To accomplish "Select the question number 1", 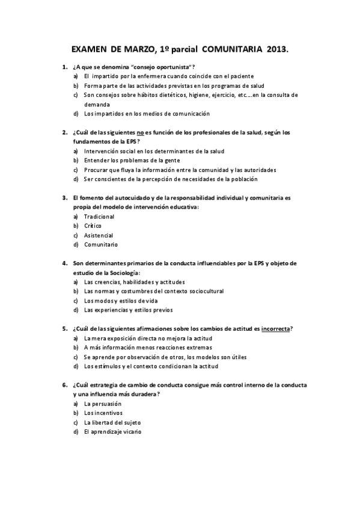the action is (x=64, y=66).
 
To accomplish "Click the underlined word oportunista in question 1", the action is (x=169, y=66).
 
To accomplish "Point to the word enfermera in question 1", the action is (x=157, y=76).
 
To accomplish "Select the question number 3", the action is (x=64, y=197).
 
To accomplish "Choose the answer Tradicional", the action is (x=99, y=217).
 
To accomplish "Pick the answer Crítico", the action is (x=93, y=226).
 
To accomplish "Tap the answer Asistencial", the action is (x=99, y=235).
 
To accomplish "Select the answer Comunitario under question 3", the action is (x=101, y=245).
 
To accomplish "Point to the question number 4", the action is (x=64, y=263).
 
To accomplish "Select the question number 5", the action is (x=64, y=329).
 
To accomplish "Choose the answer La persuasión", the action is (x=103, y=404).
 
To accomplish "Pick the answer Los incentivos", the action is (x=103, y=413).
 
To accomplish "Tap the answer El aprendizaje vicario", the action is (x=113, y=432).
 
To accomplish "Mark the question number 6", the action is (x=64, y=385).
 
